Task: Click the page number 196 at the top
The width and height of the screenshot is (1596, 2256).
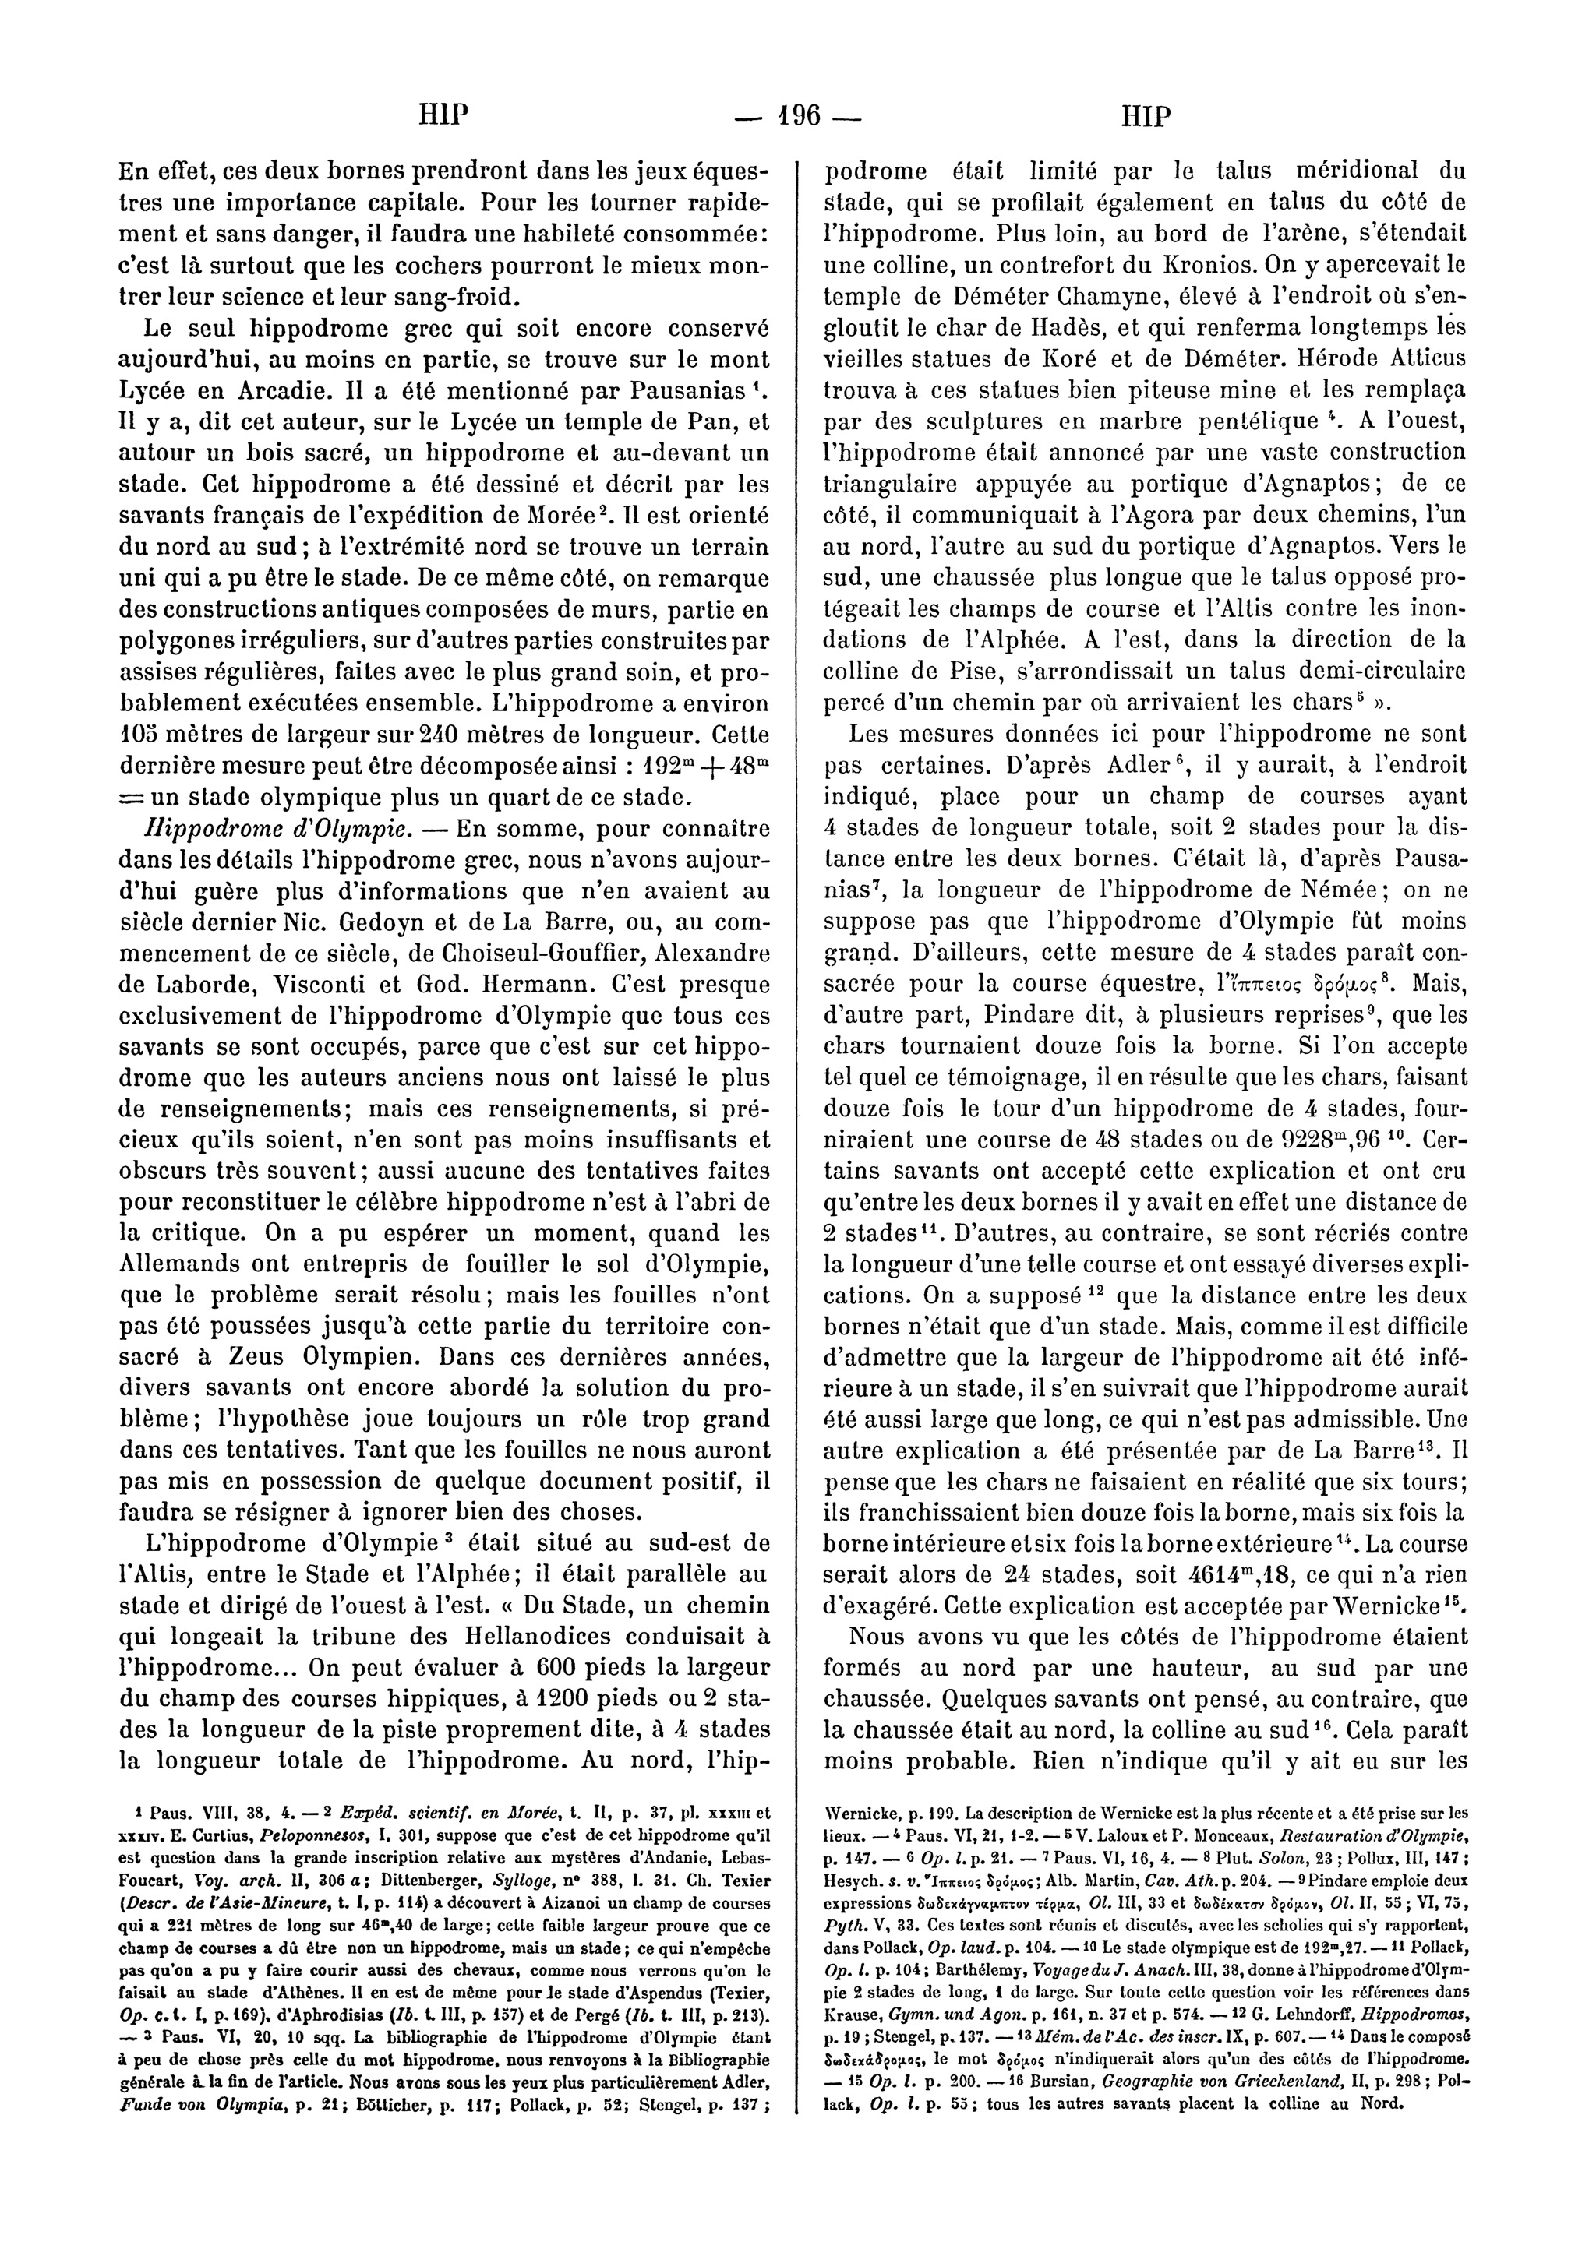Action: click(797, 118)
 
